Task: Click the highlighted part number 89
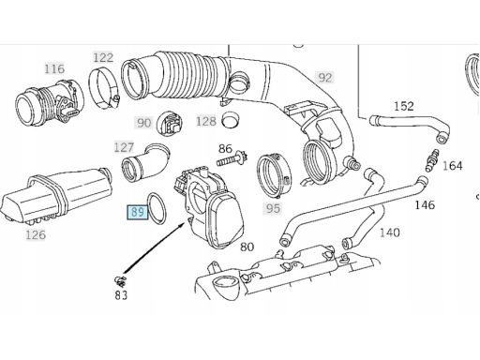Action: pos(138,213)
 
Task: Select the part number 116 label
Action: pos(54,68)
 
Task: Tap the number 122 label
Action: pos(103,57)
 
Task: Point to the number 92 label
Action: pos(325,77)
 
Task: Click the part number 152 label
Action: pos(404,106)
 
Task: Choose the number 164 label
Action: pos(453,166)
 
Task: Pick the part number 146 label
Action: pos(425,205)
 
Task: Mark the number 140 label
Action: pos(390,232)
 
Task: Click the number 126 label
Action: pos(36,234)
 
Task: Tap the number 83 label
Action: pos(121,295)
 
